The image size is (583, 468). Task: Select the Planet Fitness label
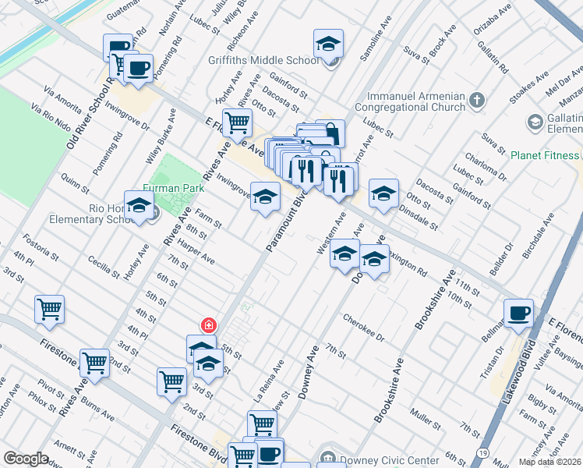coord(545,154)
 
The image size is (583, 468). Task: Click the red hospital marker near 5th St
coord(208,325)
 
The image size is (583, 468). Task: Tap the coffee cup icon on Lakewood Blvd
coord(518,314)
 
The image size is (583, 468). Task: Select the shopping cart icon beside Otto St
coord(237,122)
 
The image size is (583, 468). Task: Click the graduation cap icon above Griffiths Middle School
coord(328,44)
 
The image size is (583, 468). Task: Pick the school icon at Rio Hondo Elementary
coord(139,207)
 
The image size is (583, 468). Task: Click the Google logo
coord(26,459)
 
